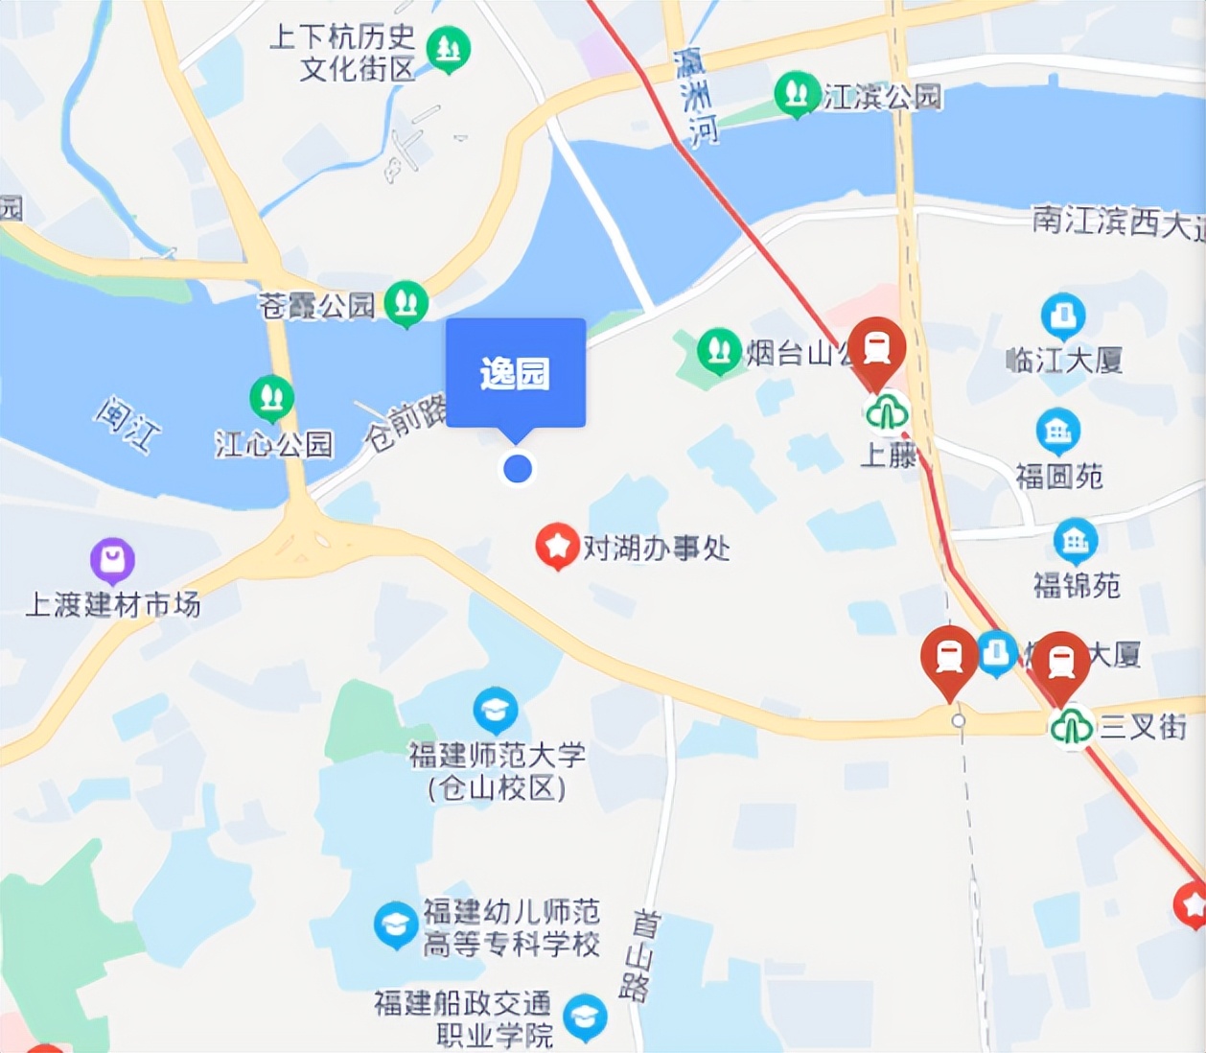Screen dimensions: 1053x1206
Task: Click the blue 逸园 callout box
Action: [515, 372]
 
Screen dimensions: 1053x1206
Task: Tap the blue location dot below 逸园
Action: [518, 469]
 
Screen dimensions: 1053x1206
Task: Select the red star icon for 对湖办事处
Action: [556, 546]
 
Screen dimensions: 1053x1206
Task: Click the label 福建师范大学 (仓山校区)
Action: [497, 771]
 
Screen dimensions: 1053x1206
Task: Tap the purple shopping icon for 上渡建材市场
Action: [112, 560]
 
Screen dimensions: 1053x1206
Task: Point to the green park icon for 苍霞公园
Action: [406, 302]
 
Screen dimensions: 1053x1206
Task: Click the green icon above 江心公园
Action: [271, 398]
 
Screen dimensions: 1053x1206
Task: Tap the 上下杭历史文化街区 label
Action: [342, 53]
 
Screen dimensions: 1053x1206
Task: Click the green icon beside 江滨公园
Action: [796, 94]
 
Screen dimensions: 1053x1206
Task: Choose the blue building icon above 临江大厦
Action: [1062, 315]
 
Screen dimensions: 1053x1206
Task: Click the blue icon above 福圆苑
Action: [1057, 432]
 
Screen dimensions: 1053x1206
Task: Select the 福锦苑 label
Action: [1076, 585]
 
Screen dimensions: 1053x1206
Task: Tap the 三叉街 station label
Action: [1142, 726]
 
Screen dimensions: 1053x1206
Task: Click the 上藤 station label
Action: [888, 454]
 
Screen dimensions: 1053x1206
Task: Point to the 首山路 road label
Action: [640, 954]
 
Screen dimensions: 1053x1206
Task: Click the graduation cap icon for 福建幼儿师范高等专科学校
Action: [395, 924]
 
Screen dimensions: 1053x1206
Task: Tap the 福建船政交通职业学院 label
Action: [463, 1018]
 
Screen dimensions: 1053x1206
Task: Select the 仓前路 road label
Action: [406, 422]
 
